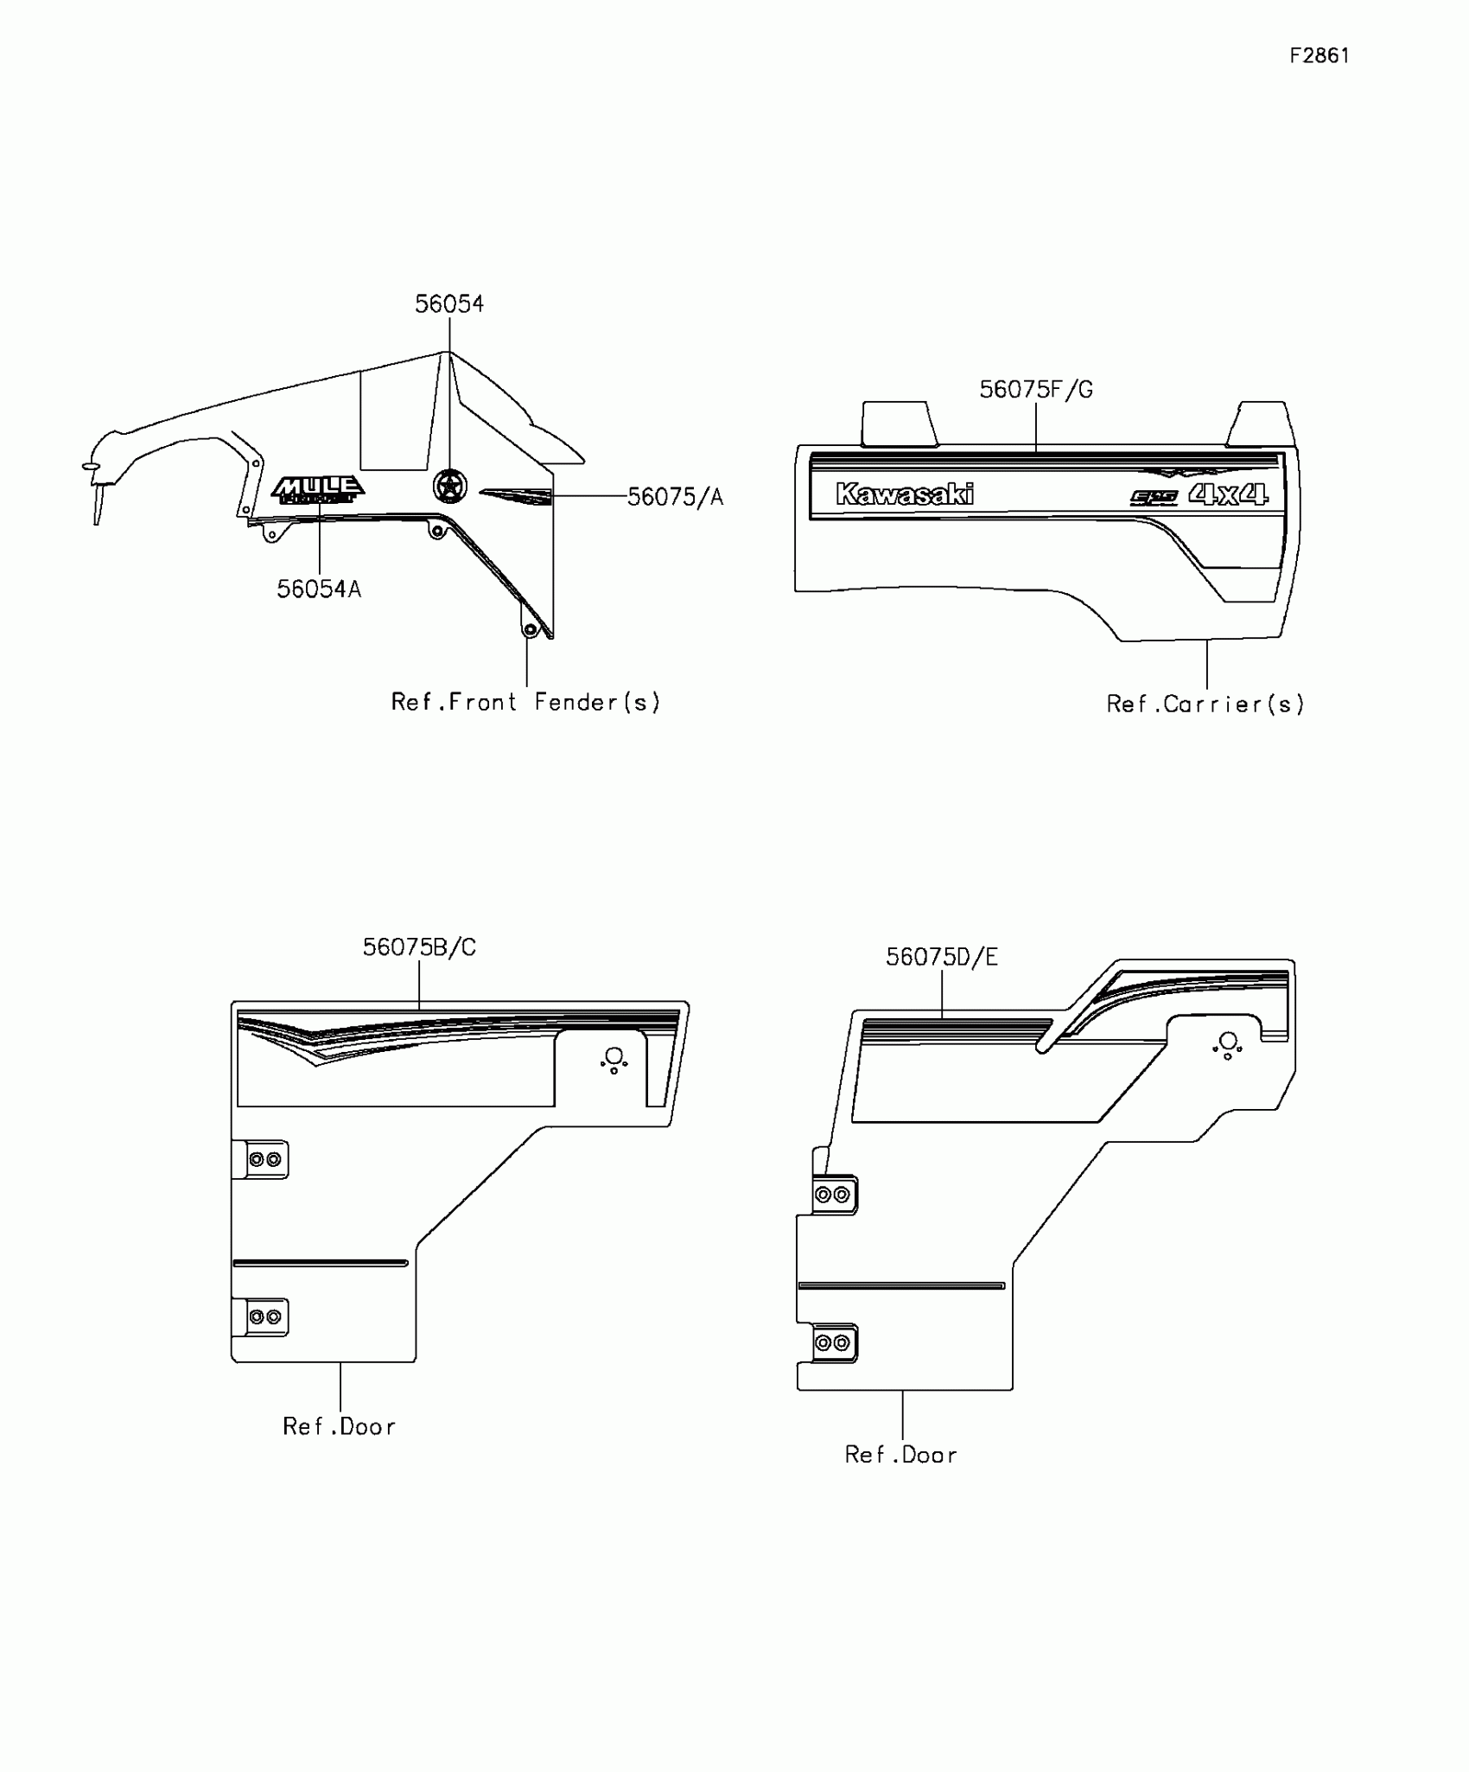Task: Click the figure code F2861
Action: point(1319,56)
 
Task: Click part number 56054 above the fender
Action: point(448,304)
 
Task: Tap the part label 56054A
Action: point(319,590)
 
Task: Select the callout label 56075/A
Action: point(675,497)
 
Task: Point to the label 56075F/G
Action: point(1035,390)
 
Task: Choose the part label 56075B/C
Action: point(419,947)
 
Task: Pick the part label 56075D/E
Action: point(941,957)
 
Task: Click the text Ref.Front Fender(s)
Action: point(525,702)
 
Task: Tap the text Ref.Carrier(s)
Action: point(1205,704)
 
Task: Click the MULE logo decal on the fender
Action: point(318,489)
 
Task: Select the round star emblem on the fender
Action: point(449,486)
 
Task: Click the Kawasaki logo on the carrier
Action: point(904,494)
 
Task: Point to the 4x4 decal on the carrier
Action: point(1228,494)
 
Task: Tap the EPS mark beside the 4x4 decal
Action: point(1154,498)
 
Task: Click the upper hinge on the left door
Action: point(263,1159)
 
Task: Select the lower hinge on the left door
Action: point(263,1317)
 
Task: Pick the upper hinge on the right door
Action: point(834,1195)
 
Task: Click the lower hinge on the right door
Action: point(834,1343)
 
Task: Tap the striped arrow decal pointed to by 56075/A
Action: point(516,496)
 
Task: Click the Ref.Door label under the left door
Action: point(339,1426)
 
